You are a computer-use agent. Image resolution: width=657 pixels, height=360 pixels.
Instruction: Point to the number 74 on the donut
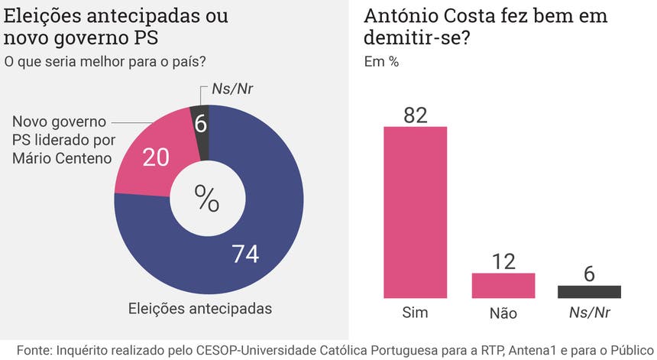247,255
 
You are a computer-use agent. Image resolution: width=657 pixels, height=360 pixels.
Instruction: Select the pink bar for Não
503,285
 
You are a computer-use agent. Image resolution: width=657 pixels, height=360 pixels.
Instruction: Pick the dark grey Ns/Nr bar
589,291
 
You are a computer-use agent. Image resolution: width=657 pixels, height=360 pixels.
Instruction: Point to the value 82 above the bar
414,114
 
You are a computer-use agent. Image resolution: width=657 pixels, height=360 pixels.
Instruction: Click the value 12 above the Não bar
503,261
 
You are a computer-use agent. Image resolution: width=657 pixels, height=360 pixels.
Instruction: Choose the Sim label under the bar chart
415,313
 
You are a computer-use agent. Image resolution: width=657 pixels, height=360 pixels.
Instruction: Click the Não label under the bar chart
503,313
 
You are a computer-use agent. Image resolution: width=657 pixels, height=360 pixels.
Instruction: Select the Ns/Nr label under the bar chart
589,313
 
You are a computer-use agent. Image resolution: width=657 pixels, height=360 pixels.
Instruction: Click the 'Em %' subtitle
381,62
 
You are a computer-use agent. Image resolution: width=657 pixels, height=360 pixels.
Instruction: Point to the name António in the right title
401,16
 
